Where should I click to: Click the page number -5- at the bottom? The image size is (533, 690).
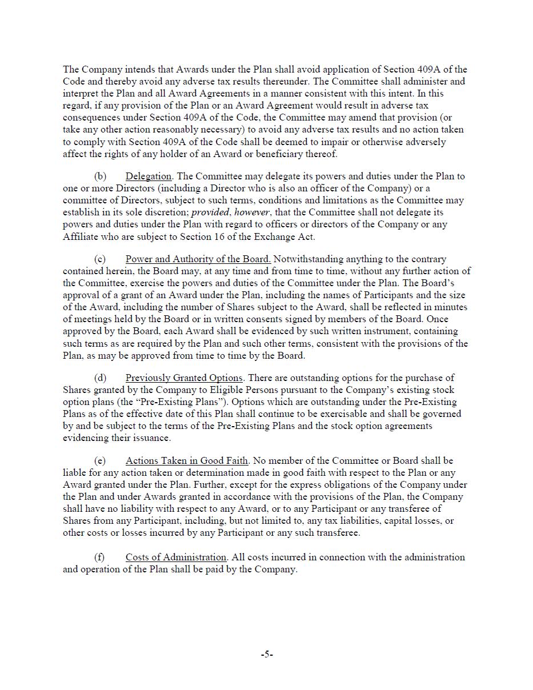(267, 655)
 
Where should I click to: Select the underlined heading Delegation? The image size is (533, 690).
(149, 176)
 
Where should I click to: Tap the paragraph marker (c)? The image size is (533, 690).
(100, 259)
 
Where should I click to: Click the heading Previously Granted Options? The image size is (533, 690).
(184, 378)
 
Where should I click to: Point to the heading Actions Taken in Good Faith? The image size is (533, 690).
(187, 461)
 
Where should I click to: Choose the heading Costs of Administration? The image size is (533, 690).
(176, 557)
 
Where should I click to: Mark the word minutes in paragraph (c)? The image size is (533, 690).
(451, 307)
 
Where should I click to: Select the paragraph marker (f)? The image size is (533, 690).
(100, 557)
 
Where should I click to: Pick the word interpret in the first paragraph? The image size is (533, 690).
(81, 94)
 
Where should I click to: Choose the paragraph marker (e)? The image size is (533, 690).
(100, 461)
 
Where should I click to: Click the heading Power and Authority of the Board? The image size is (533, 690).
(198, 259)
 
